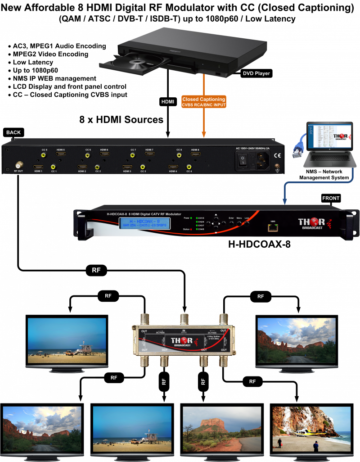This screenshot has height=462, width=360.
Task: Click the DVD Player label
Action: pos(257,73)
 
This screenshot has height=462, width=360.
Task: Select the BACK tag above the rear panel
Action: pos(13,132)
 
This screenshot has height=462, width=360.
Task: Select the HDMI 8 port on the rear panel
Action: pos(195,155)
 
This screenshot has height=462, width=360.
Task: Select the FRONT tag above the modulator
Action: pos(331,198)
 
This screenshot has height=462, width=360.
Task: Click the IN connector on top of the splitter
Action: pos(184,321)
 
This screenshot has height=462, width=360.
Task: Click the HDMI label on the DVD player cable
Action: pos(167,102)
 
